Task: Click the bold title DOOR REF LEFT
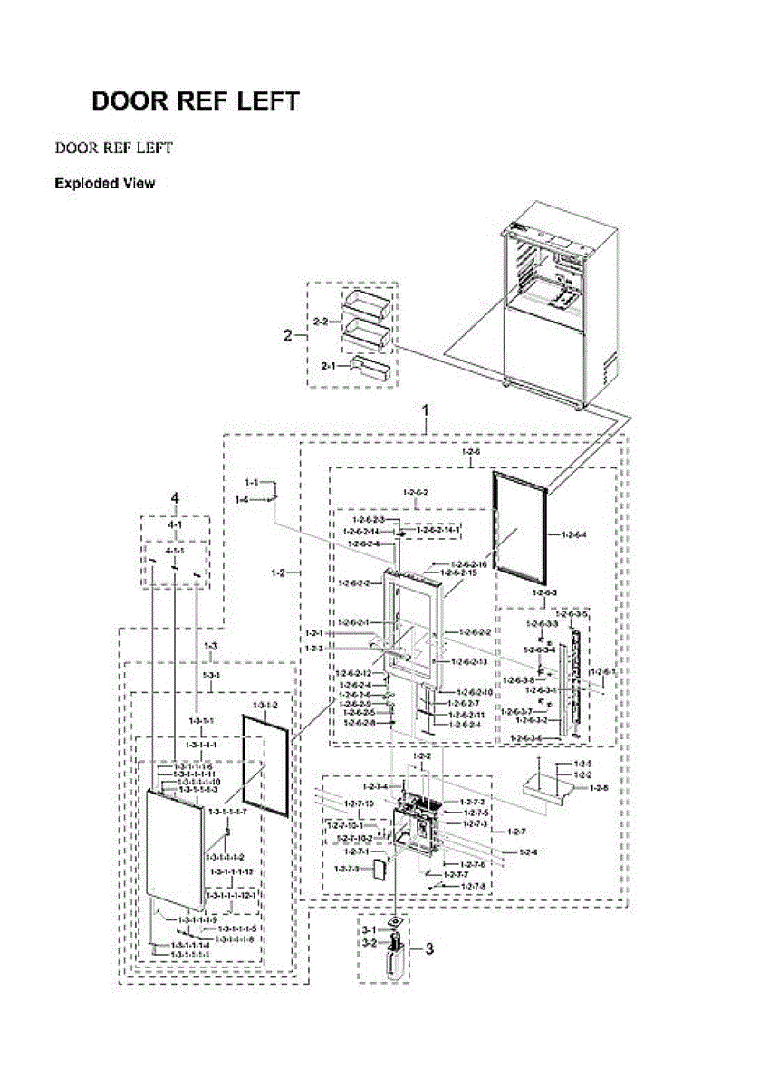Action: pyautogui.click(x=195, y=101)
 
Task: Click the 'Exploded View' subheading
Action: pyautogui.click(x=104, y=184)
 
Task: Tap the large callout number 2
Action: pyautogui.click(x=288, y=336)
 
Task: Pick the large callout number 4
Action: pyautogui.click(x=176, y=497)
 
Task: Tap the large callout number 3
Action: pyautogui.click(x=429, y=949)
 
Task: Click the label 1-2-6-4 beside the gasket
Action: pyautogui.click(x=574, y=534)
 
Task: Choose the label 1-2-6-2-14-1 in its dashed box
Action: pyautogui.click(x=439, y=529)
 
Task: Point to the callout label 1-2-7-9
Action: pyautogui.click(x=346, y=870)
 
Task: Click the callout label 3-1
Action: pyautogui.click(x=369, y=930)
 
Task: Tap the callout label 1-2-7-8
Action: pyautogui.click(x=473, y=886)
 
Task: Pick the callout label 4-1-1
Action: pyautogui.click(x=175, y=551)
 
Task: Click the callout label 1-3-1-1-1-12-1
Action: pyautogui.click(x=233, y=895)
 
